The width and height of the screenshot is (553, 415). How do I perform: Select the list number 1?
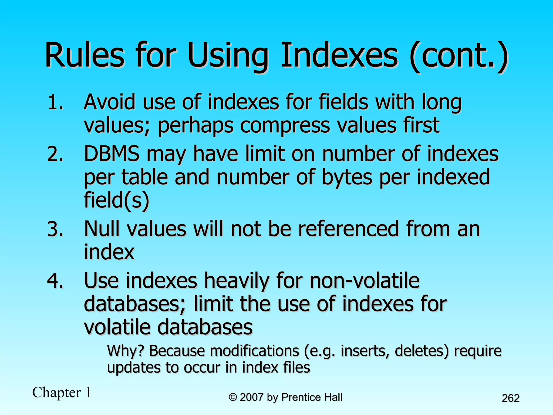pos(56,103)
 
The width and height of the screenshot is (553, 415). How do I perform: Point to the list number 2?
pos(56,155)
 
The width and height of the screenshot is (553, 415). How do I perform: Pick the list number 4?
pos(56,281)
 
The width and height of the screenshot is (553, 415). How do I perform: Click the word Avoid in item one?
pos(110,102)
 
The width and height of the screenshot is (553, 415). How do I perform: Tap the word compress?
pos(285,126)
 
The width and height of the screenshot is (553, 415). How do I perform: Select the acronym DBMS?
pos(112,154)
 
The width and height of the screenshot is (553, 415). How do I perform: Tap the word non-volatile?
pos(364,281)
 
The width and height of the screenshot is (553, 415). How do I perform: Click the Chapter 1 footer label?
pos(62,393)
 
